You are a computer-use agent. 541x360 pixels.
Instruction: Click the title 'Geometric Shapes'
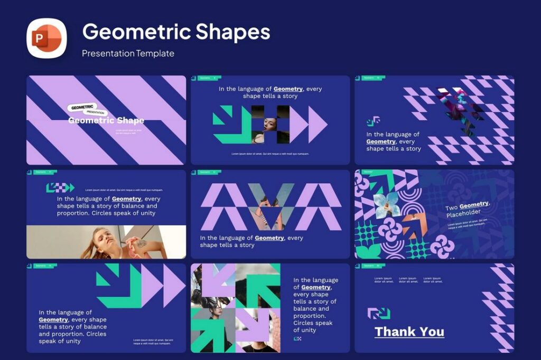point(176,32)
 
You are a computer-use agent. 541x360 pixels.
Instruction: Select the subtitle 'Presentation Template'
point(128,53)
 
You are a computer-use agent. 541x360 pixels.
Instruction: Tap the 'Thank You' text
point(409,332)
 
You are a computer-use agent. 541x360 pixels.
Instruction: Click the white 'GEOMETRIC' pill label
point(82,107)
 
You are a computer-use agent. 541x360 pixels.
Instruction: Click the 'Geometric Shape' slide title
point(106,121)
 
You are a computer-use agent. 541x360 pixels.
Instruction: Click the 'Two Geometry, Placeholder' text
point(468,210)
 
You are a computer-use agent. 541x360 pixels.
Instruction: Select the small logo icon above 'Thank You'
point(379,314)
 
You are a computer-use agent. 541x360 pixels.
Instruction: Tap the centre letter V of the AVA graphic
point(270,206)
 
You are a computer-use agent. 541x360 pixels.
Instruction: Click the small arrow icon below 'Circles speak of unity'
point(297,339)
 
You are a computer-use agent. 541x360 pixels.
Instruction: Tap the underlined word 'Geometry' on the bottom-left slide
point(53,319)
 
